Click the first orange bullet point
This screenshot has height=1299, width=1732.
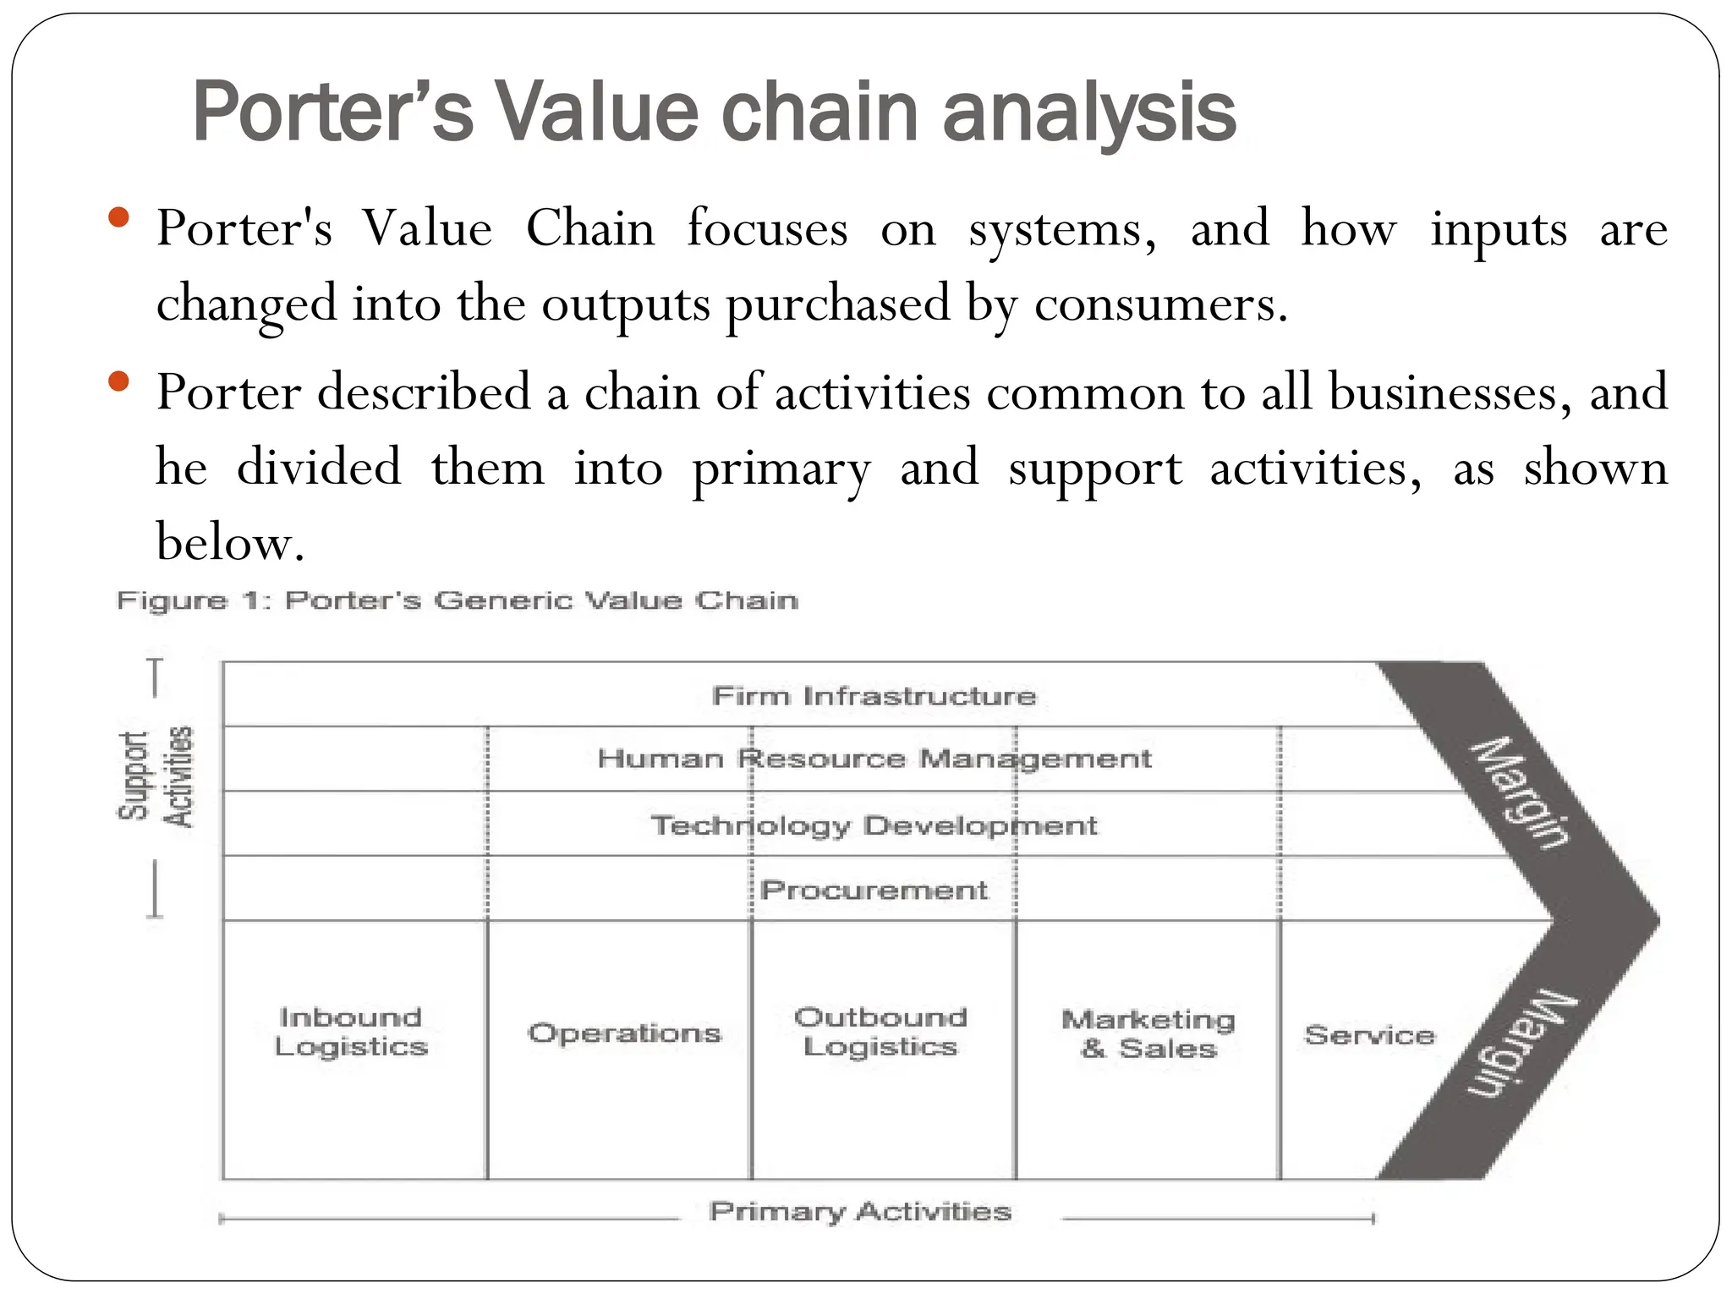(119, 218)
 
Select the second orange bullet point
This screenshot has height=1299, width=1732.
(119, 382)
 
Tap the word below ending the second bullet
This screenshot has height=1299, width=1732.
(228, 541)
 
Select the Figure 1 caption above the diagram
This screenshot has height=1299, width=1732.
(457, 601)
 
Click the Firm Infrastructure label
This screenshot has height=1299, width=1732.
(874, 696)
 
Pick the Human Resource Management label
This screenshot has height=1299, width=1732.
(874, 759)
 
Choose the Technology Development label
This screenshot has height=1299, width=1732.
(874, 825)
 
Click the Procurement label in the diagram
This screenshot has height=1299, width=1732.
(874, 890)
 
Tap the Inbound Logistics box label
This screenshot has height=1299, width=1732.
(351, 1032)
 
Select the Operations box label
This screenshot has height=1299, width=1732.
(624, 1033)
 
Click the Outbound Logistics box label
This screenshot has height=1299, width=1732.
(880, 1032)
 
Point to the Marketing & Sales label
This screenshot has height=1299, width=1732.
(1148, 1033)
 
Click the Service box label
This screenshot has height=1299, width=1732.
(1369, 1034)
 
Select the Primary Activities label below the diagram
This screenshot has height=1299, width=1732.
(860, 1211)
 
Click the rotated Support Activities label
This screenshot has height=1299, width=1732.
(156, 778)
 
